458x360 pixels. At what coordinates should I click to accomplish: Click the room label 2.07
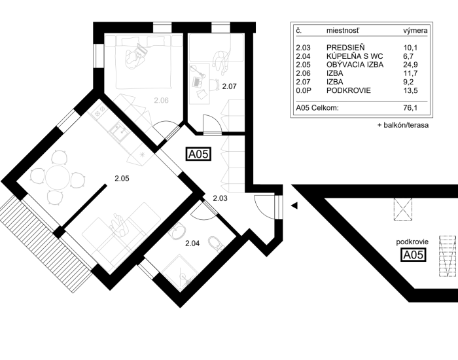click(229, 86)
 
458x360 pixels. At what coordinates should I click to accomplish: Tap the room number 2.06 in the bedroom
click(161, 101)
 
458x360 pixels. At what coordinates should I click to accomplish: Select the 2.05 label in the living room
click(122, 178)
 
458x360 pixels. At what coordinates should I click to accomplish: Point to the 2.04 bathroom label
click(192, 243)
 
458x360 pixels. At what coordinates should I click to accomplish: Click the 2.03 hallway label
click(220, 198)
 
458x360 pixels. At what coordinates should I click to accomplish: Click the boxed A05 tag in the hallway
click(199, 154)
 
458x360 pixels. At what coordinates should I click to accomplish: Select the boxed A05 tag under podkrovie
click(413, 255)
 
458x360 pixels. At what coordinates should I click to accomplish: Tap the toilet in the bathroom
click(215, 243)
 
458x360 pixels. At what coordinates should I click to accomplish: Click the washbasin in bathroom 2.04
click(177, 230)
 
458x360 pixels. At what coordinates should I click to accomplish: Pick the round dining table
click(58, 177)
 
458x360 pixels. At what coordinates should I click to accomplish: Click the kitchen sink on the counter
click(120, 132)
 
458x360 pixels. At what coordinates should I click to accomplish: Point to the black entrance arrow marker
click(294, 206)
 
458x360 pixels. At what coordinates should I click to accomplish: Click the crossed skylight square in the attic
click(403, 209)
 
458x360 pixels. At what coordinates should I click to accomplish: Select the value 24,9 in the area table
click(410, 65)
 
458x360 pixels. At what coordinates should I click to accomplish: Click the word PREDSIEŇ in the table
click(345, 48)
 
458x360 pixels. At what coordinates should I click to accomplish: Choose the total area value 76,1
click(410, 108)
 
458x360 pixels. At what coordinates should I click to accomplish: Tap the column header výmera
click(415, 30)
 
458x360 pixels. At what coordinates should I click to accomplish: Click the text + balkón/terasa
click(403, 125)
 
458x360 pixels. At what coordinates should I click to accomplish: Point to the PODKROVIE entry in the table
click(349, 90)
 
